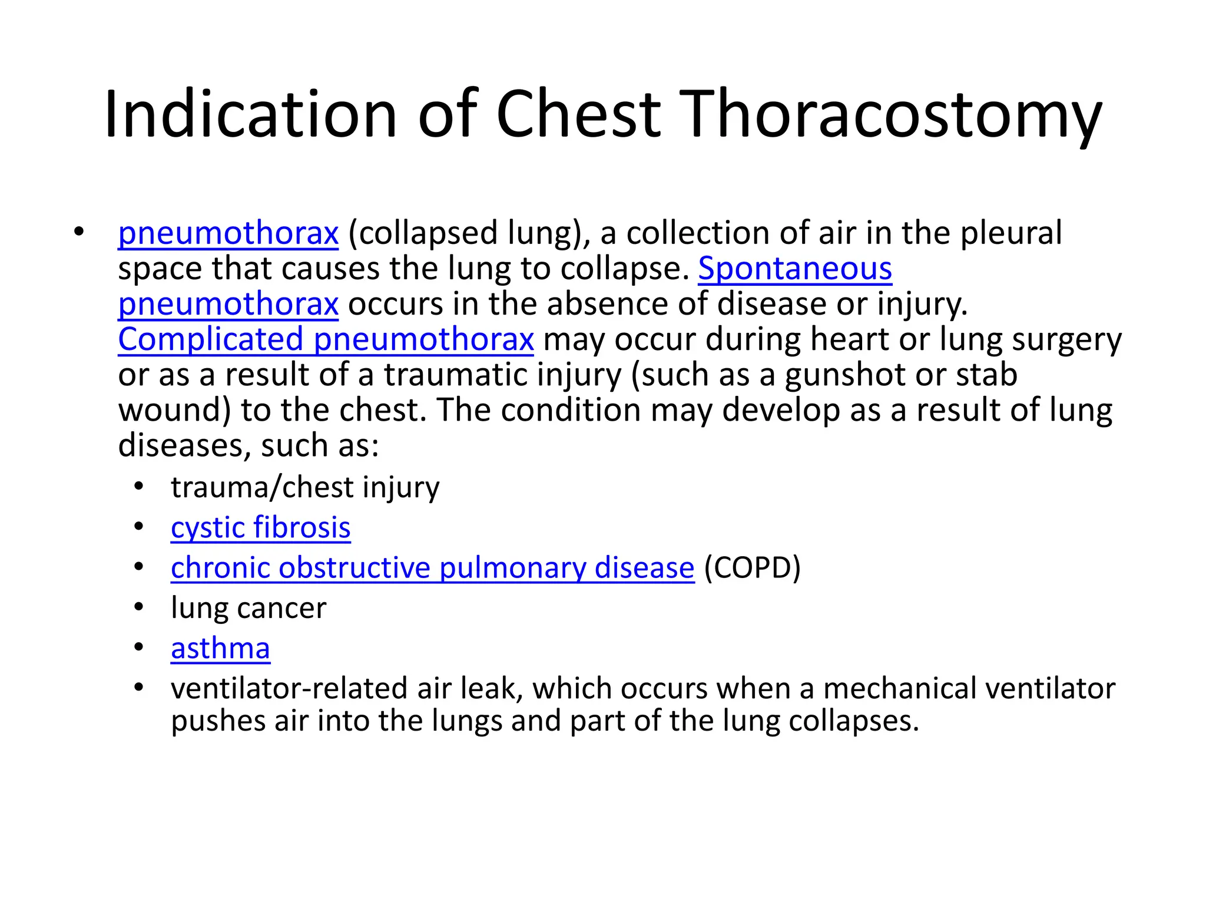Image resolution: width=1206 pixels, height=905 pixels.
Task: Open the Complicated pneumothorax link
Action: tap(326, 340)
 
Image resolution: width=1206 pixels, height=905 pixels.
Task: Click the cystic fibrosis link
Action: tap(260, 528)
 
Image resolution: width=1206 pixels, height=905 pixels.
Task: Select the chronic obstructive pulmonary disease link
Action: tap(432, 568)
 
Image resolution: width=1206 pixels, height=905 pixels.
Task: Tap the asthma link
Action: tap(220, 649)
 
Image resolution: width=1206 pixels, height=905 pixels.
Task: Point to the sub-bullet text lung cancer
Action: tap(248, 608)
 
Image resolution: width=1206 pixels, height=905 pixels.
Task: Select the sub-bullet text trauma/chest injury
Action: tap(304, 488)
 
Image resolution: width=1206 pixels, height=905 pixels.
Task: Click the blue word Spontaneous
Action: tap(794, 269)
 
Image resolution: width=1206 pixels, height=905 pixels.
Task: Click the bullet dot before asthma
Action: tap(138, 648)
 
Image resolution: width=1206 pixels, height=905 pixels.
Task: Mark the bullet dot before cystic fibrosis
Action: tap(138, 527)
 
